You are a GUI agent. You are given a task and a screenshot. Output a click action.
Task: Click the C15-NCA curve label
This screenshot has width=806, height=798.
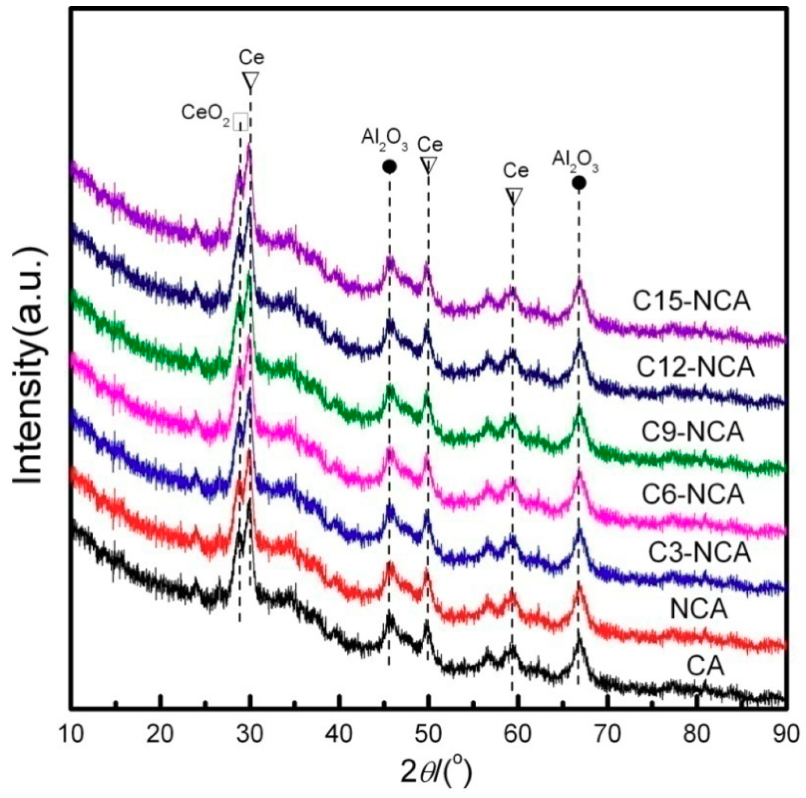pyautogui.click(x=692, y=301)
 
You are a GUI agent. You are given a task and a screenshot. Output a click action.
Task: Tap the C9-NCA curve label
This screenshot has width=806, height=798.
pyautogui.click(x=693, y=433)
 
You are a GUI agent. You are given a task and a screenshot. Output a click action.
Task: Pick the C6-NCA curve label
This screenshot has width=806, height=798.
pyautogui.click(x=693, y=494)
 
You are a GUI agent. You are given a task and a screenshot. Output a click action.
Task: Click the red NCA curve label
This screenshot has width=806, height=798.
pyautogui.click(x=698, y=609)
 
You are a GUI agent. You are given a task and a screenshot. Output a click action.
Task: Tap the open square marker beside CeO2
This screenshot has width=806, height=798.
pyautogui.click(x=240, y=122)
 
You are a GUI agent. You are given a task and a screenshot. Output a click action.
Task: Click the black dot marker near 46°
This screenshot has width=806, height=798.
pyautogui.click(x=389, y=167)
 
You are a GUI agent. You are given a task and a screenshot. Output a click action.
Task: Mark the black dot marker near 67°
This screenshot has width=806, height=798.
pyautogui.click(x=579, y=183)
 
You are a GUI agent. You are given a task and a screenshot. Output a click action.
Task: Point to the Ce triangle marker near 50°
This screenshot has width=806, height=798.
pyautogui.click(x=429, y=165)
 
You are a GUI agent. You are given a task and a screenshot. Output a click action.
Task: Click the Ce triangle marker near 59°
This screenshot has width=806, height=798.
pyautogui.click(x=513, y=196)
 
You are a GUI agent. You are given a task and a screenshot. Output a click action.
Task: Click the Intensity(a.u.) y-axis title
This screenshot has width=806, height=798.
pyautogui.click(x=29, y=365)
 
